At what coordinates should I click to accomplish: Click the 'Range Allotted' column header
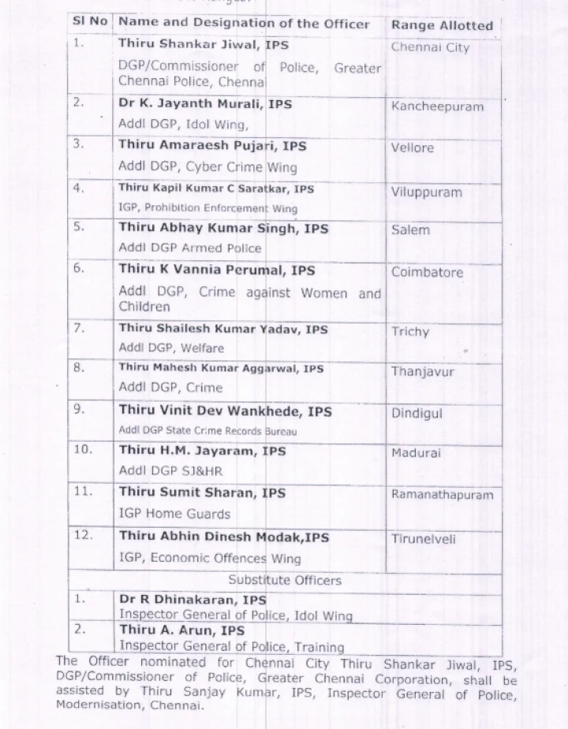coord(442,25)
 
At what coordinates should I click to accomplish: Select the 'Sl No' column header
coord(89,21)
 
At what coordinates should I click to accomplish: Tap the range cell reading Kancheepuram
coord(437,107)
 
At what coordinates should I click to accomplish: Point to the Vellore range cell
coord(413,148)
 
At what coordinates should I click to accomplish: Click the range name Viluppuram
coord(427,192)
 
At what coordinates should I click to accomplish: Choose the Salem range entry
coord(411,230)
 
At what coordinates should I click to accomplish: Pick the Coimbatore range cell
coord(427,272)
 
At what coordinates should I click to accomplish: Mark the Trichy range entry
coord(410,331)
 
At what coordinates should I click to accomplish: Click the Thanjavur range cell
coord(423,372)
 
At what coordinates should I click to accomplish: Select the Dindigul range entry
coord(417,413)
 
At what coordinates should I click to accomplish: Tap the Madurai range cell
coord(416,453)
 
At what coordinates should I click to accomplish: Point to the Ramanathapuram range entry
coord(442,495)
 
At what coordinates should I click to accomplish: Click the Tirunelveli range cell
coord(424,539)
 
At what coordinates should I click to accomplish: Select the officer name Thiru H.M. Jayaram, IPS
coord(202,451)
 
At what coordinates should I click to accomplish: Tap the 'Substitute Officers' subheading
coord(285,580)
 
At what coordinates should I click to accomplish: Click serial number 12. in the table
coord(84,535)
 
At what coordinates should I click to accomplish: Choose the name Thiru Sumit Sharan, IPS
coord(202,492)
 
